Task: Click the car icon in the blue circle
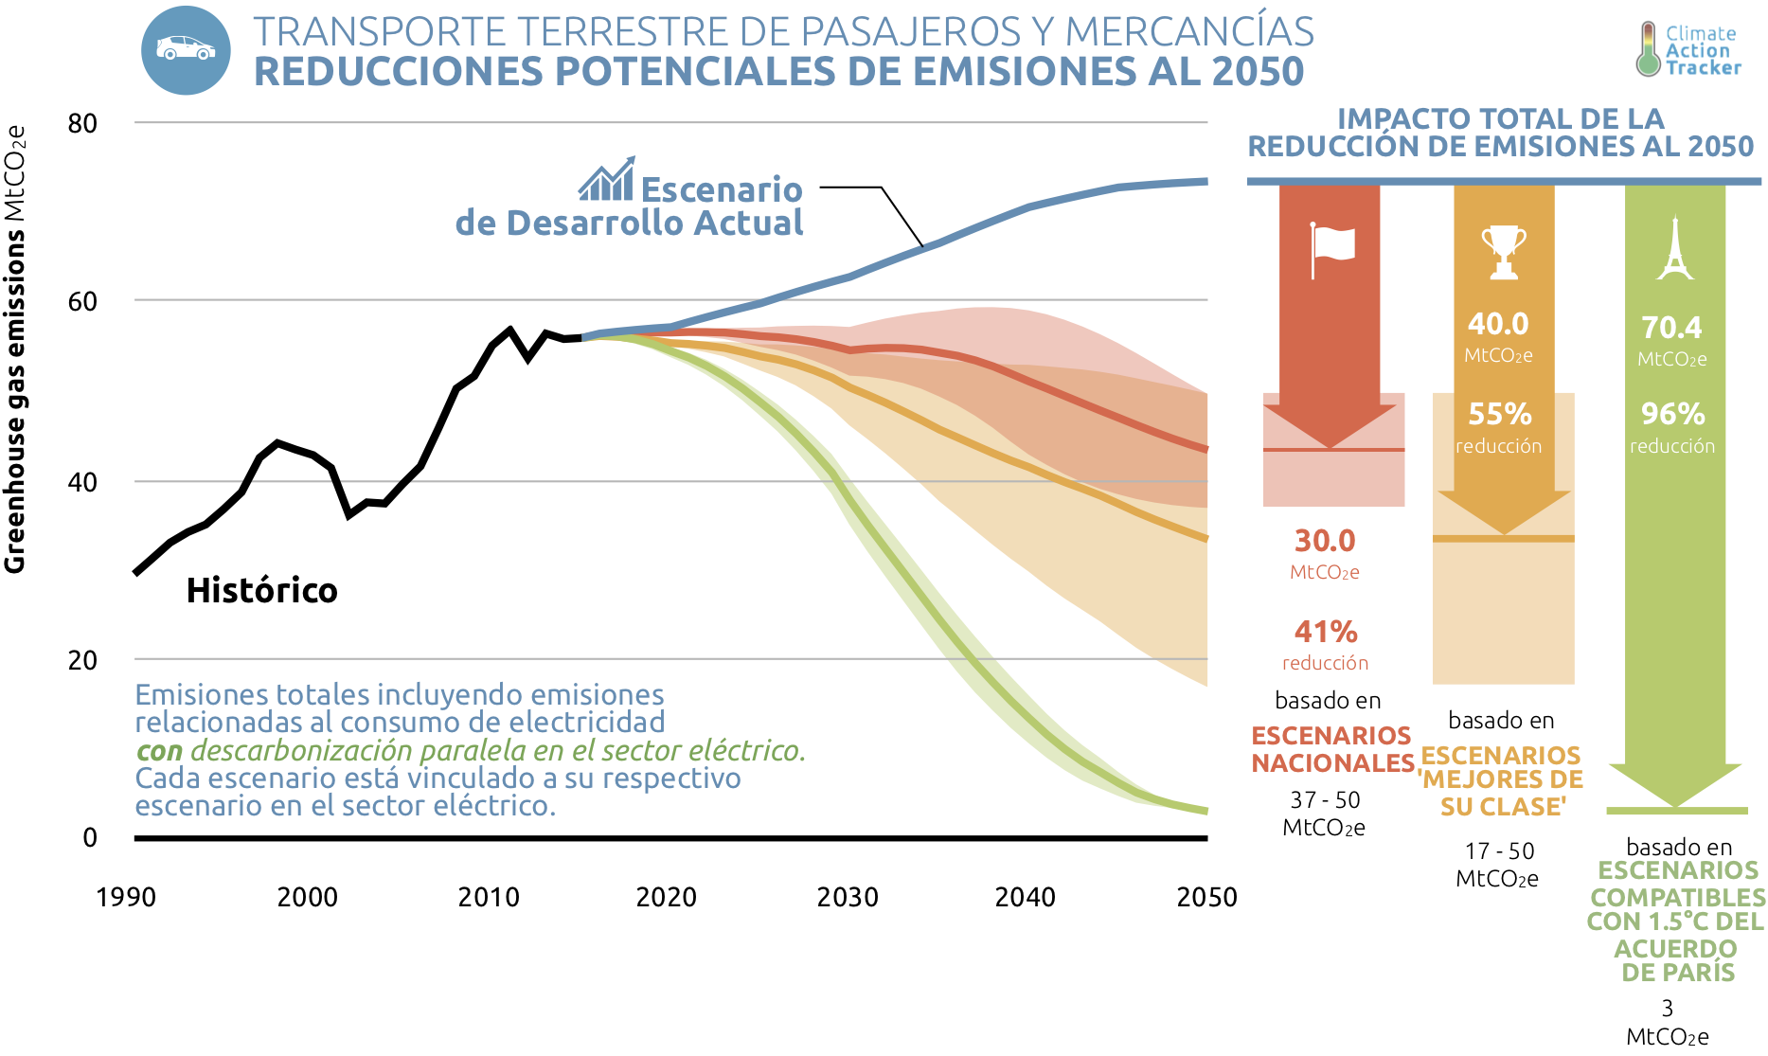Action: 186,49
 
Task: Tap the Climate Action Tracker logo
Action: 1689,50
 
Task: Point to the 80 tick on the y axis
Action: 82,123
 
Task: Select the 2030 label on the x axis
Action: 848,897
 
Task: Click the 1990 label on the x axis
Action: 126,897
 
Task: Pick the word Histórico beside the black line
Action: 261,590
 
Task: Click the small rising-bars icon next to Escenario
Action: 607,180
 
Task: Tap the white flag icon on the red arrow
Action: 1331,248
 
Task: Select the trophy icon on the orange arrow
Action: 1504,251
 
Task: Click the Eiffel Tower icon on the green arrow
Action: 1675,248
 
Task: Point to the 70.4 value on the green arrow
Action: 1671,328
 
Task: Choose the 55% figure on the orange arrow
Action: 1500,414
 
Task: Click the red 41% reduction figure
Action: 1326,632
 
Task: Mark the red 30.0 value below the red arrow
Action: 1325,541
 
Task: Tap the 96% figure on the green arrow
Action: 1672,414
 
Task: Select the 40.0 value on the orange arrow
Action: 1498,324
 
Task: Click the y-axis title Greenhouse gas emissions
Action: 15,350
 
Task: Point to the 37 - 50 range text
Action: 1325,800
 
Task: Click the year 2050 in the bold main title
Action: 1258,72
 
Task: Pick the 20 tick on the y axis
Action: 82,660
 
